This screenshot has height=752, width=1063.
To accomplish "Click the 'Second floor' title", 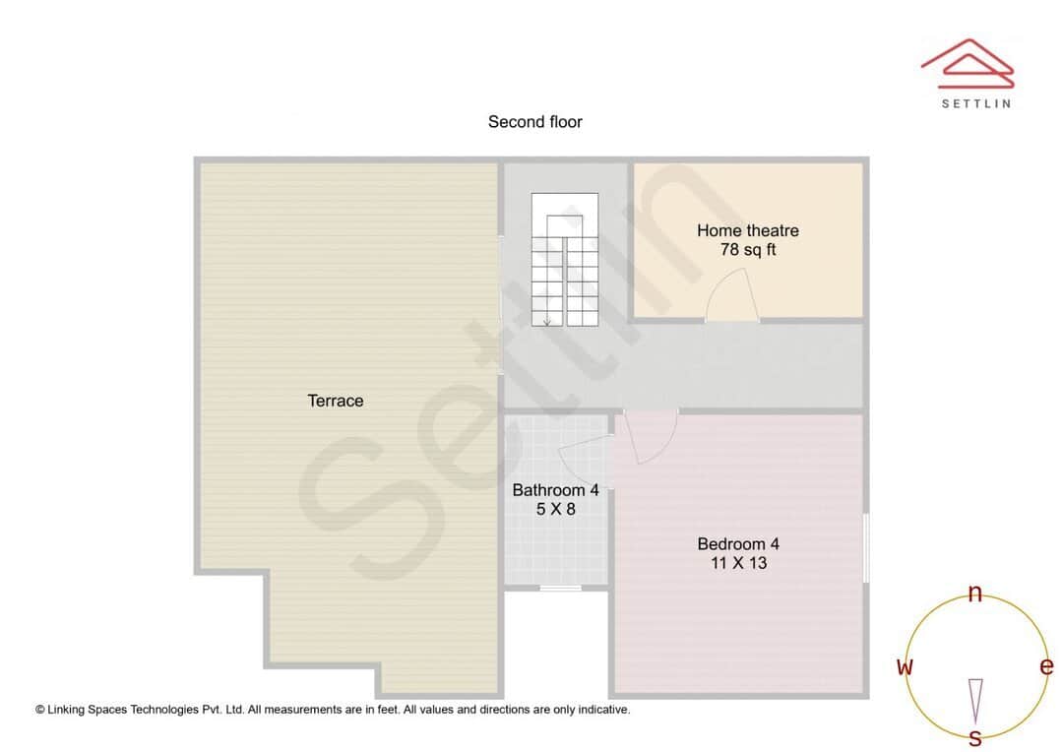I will (x=534, y=122).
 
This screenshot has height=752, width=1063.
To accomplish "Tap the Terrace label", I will (x=336, y=401).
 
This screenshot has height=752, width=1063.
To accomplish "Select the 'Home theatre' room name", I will (x=747, y=230).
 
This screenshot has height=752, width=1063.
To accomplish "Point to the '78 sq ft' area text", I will (x=747, y=250).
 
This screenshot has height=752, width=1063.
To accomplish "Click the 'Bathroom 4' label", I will (x=555, y=490).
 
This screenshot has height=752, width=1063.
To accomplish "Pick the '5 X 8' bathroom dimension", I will (x=555, y=510).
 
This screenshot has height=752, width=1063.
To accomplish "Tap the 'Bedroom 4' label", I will (x=738, y=543).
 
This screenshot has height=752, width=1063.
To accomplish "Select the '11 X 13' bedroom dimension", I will (x=738, y=563).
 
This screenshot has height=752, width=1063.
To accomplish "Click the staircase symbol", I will (x=565, y=260).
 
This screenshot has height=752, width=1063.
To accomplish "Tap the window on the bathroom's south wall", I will (x=560, y=589).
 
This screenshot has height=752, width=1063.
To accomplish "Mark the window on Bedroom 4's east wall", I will (x=866, y=547).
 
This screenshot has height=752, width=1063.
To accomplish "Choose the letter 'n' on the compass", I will (x=975, y=594).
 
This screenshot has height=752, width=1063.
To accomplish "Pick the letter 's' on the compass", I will (x=975, y=737).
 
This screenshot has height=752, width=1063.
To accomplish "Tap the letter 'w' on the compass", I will (x=904, y=667).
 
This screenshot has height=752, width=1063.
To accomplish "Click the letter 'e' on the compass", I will (x=1046, y=667).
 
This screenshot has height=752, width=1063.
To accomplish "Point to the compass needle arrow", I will (x=975, y=700).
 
